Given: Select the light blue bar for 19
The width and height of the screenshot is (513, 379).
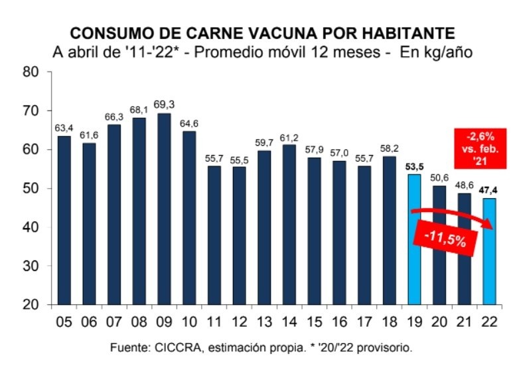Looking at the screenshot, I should [x=413, y=239].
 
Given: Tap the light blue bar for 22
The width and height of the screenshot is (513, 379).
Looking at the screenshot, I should [x=489, y=251].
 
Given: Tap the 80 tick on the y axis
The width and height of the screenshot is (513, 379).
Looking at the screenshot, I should [x=31, y=72].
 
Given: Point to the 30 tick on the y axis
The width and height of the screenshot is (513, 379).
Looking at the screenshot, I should [x=31, y=266].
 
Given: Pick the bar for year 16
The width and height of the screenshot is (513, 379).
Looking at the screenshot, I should [x=338, y=233].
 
